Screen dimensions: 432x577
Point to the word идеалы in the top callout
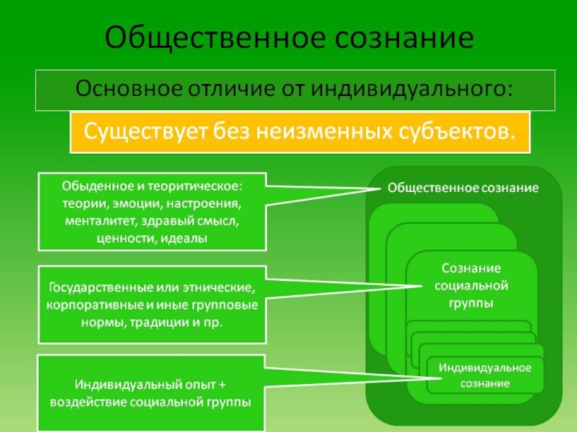click(x=187, y=237)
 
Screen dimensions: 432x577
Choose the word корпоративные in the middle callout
click(x=83, y=305)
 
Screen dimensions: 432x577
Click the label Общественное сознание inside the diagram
click(x=463, y=188)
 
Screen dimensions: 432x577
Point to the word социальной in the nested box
click(x=472, y=286)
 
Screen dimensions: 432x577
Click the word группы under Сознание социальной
click(x=472, y=303)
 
